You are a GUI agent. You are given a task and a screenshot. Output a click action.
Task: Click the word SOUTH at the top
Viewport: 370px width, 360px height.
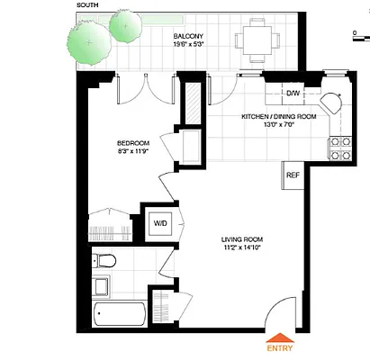click(x=88, y=4)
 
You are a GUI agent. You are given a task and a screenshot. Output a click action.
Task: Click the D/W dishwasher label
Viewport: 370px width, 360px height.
click(x=293, y=93)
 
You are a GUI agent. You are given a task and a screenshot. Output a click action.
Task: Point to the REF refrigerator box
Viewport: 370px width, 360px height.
click(x=293, y=175)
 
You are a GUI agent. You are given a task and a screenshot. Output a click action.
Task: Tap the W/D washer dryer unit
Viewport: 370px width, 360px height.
click(x=161, y=223)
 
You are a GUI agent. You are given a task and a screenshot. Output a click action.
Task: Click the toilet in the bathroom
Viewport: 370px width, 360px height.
click(x=106, y=262)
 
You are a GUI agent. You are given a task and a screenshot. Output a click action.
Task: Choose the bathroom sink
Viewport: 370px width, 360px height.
click(x=102, y=289)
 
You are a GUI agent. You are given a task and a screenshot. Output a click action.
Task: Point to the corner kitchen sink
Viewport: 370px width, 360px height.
click(x=332, y=103)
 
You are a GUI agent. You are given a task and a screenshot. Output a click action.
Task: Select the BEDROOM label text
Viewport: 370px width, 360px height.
click(x=132, y=143)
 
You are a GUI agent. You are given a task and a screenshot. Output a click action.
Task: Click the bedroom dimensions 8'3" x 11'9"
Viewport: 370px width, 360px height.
click(x=132, y=153)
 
